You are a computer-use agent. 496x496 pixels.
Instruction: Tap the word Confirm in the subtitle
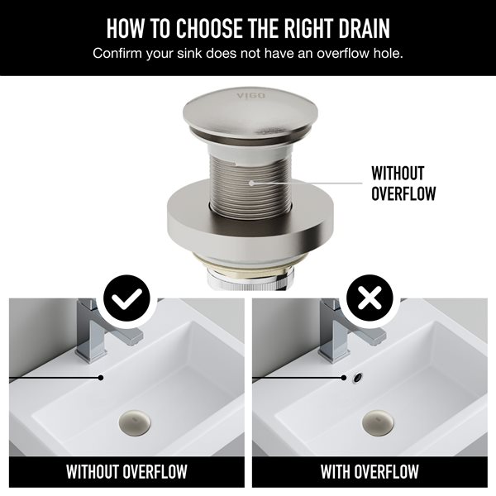(x=118, y=54)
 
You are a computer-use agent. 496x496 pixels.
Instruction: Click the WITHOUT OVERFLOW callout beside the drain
(x=397, y=184)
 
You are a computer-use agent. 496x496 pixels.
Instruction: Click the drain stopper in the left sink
(x=134, y=419)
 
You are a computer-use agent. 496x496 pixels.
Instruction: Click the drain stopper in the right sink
(x=378, y=419)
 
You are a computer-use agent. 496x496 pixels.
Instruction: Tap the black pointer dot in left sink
(x=101, y=378)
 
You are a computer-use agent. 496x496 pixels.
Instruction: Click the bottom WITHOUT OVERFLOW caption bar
(x=126, y=473)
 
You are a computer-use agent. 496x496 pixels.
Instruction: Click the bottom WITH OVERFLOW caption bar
(x=370, y=473)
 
